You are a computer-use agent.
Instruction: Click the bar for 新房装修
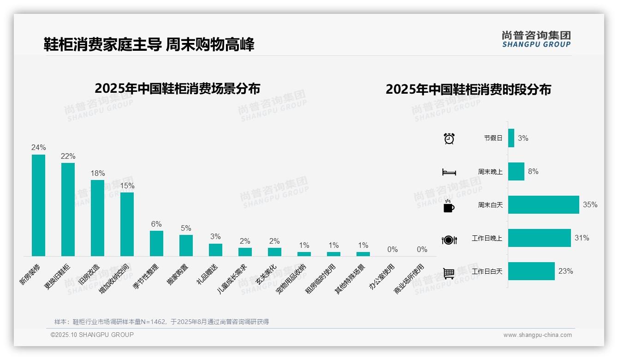coord(38,205)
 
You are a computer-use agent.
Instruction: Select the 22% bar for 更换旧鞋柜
coord(68,210)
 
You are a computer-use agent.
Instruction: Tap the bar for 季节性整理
coord(156,243)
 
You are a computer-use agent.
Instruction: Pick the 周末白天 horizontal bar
coord(543,205)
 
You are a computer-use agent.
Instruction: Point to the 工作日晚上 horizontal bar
coord(539,238)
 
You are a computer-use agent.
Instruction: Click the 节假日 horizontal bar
coord(511,138)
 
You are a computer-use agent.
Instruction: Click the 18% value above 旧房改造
coord(98,174)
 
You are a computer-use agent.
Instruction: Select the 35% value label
coord(590,205)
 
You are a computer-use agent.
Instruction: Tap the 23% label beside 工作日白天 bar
coord(565,271)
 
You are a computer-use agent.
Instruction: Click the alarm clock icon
coord(449,138)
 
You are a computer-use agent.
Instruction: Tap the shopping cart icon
coord(449,273)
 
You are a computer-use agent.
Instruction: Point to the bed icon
coord(449,172)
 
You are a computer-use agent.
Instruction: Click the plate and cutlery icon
coord(449,240)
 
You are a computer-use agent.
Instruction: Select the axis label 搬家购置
coord(178,274)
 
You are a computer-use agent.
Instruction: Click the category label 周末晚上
coord(490,172)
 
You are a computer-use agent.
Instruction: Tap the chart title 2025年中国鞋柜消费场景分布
coord(178,89)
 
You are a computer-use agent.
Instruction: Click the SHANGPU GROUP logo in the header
coord(536,39)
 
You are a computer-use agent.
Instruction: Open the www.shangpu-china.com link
coord(537,335)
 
